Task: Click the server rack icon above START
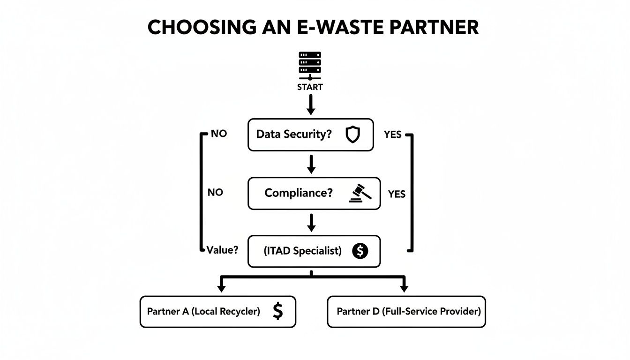310,66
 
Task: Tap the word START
310,87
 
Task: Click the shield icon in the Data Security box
352,135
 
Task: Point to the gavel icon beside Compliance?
360,193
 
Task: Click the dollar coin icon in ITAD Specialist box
360,251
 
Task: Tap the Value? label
223,250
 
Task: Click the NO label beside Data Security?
219,134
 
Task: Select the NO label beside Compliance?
215,192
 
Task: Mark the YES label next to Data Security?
392,135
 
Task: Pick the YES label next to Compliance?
397,194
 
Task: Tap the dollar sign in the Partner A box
277,311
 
